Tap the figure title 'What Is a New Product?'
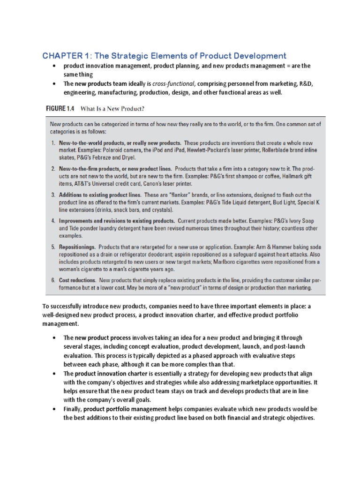(112, 109)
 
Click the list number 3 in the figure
(53, 194)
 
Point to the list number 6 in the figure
(53, 279)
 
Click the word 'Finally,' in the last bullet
(73, 409)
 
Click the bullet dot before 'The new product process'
(55, 337)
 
